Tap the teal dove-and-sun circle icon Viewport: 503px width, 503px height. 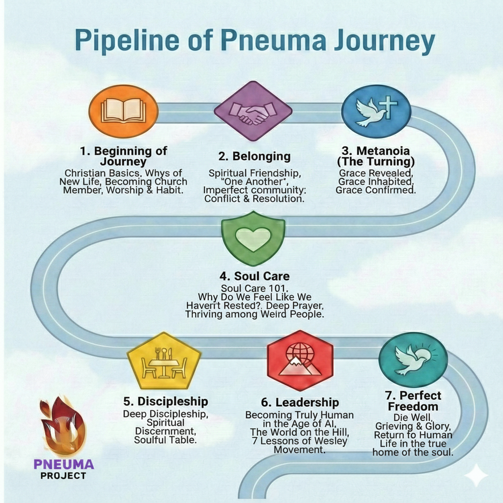click(413, 360)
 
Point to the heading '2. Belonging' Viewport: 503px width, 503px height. click(254, 156)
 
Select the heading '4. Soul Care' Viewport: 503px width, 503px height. click(255, 276)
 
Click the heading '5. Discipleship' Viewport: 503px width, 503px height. click(166, 401)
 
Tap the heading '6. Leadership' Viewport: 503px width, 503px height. click(300, 402)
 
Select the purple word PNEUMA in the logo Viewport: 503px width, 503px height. click(64, 464)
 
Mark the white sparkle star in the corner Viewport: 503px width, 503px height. click(475, 475)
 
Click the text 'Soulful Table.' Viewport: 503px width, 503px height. click(166, 440)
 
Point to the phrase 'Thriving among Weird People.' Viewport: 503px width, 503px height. click(254, 314)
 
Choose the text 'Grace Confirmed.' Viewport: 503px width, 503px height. click(376, 190)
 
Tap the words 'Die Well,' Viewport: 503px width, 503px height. click(413, 417)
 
